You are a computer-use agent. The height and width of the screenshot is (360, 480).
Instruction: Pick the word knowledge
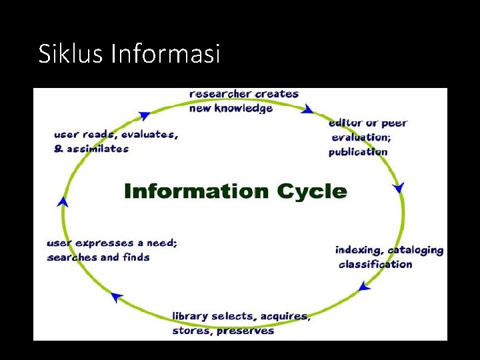pyautogui.click(x=243, y=108)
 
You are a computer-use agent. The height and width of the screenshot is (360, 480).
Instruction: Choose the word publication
pyautogui.click(x=358, y=152)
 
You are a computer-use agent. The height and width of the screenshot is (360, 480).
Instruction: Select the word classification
pyautogui.click(x=375, y=265)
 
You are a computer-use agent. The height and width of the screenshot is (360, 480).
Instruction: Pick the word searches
pyautogui.click(x=72, y=257)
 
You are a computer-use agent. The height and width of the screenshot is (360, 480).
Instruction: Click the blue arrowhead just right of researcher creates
pyautogui.click(x=307, y=109)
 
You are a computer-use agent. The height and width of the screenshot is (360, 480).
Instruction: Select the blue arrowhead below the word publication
pyautogui.click(x=399, y=188)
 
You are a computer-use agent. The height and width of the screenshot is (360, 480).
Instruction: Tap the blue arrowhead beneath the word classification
pyautogui.click(x=364, y=287)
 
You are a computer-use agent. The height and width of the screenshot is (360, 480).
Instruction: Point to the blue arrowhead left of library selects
pyautogui.click(x=118, y=297)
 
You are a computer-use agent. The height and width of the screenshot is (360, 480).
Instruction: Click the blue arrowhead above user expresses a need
pyautogui.click(x=63, y=201)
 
